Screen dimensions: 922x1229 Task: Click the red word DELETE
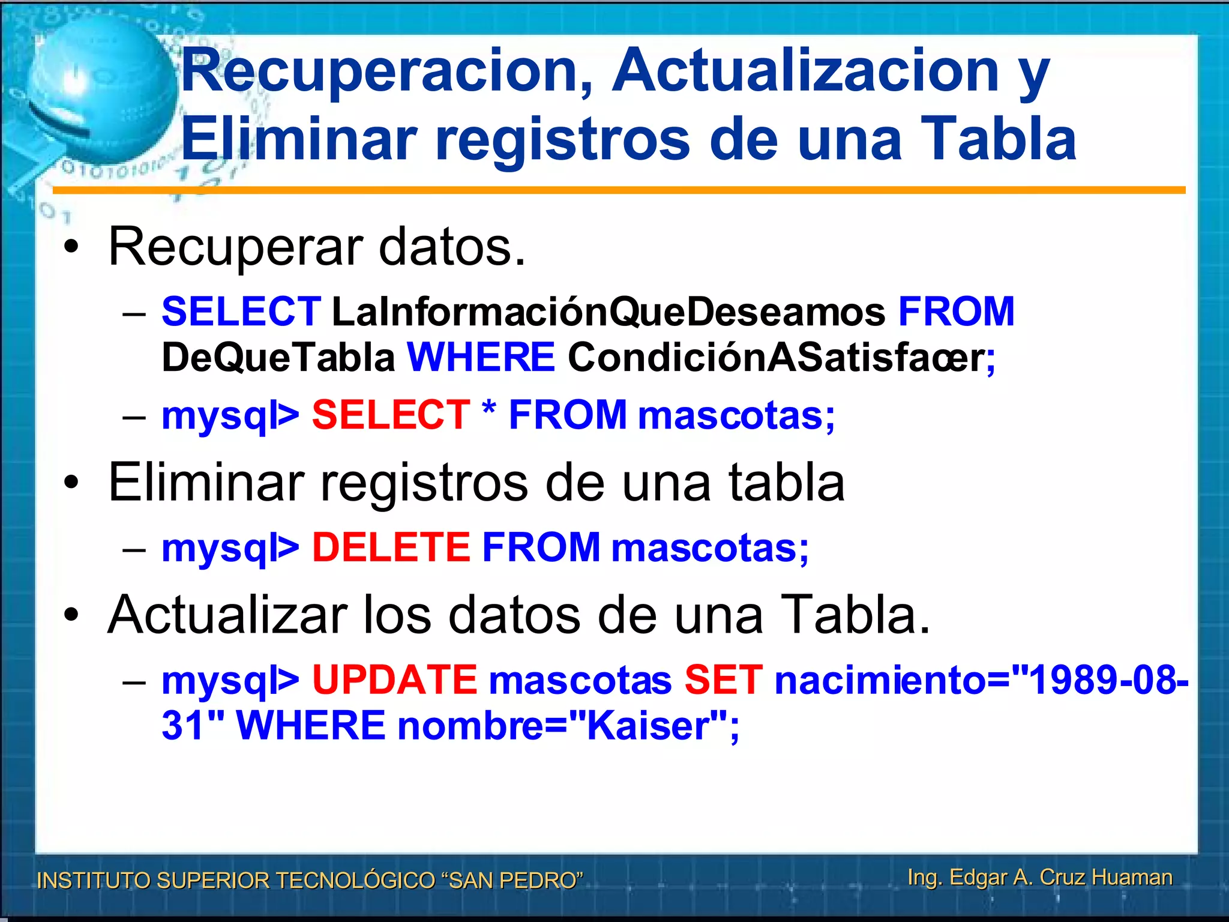pyautogui.click(x=391, y=547)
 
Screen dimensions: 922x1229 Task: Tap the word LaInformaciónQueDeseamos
pyautogui.click(x=608, y=312)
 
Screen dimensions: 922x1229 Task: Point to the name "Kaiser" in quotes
pyautogui.click(x=648, y=726)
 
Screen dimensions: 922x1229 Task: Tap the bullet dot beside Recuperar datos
pyautogui.click(x=71, y=247)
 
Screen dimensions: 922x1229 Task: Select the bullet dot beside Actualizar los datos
pyautogui.click(x=71, y=615)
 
